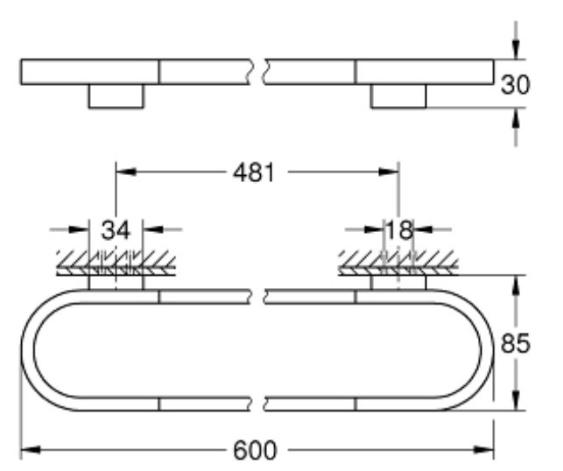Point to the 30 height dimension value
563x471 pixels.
point(517,84)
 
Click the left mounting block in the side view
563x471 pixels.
point(115,96)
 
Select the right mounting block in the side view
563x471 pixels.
point(398,96)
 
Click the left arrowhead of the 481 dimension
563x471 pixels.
point(123,173)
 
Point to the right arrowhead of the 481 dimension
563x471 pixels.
point(391,173)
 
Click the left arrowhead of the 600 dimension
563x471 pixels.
point(28,451)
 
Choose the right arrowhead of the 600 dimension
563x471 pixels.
point(488,451)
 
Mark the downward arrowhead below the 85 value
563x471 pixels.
point(517,401)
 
